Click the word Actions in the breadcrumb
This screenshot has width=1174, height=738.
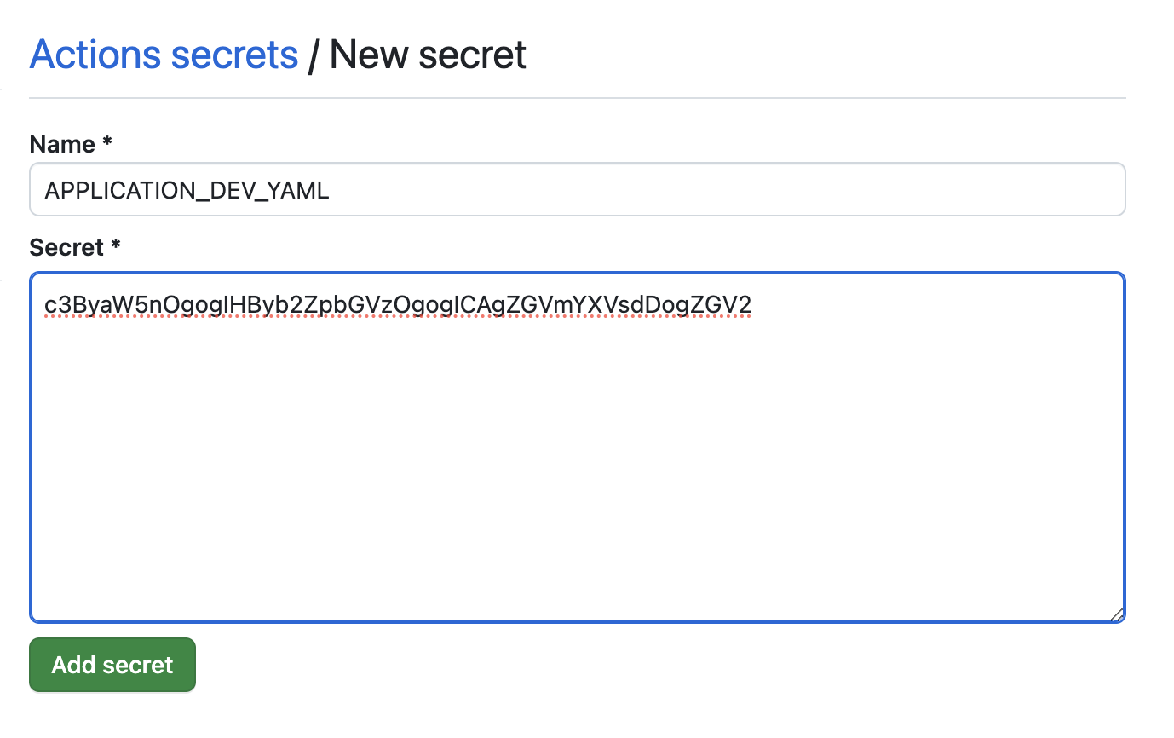point(95,55)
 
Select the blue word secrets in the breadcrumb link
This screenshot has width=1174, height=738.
point(234,55)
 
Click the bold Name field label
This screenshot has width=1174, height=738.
point(62,145)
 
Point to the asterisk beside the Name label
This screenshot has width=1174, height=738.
point(107,143)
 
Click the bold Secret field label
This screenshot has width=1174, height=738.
point(66,248)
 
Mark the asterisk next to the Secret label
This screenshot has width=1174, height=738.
point(116,246)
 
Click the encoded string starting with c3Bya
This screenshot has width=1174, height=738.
point(398,304)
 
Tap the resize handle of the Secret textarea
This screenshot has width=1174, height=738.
point(1117,614)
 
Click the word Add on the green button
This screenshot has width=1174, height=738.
point(72,665)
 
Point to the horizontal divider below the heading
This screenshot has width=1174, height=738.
point(578,98)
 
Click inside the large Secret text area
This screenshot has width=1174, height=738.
point(578,469)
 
